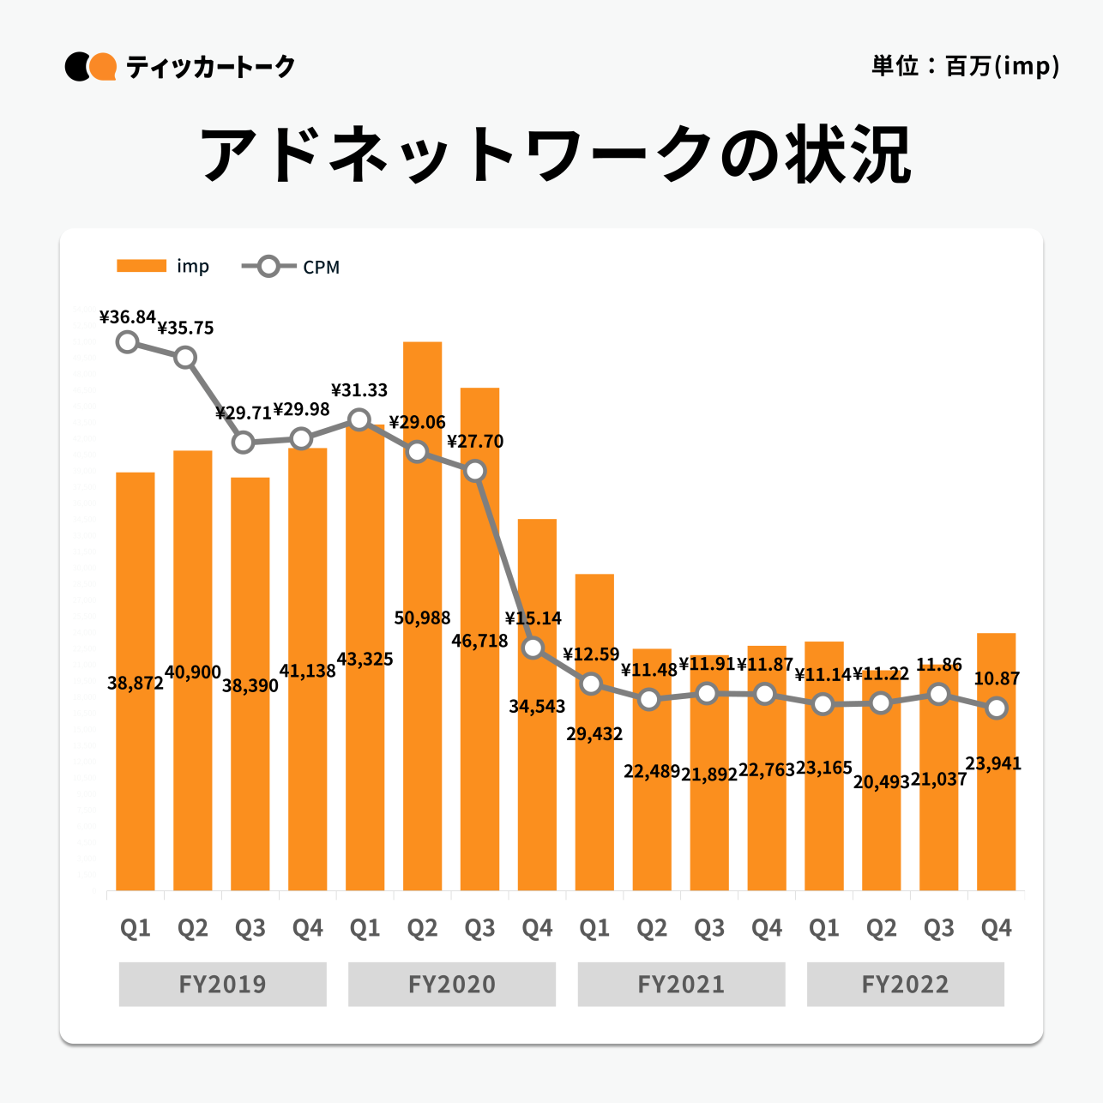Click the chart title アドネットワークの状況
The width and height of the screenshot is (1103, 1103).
coord(555,155)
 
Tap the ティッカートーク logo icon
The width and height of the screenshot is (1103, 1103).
coord(90,67)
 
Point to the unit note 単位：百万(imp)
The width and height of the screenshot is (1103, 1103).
coord(965,66)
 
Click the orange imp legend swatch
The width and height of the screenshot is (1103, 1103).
coord(142,266)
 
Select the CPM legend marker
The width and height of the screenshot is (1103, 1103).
coord(268,267)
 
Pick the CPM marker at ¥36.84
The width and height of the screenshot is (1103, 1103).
coord(128,342)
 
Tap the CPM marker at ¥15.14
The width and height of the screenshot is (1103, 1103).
coord(533,648)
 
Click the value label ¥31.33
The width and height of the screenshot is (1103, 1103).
coord(359,390)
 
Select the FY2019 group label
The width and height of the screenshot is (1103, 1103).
coord(222,984)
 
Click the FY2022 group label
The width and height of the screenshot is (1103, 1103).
coord(905,984)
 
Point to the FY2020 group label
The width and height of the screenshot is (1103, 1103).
coord(451,984)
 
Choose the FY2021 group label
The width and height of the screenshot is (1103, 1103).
coord(681,984)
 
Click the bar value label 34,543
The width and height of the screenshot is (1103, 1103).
coord(537,707)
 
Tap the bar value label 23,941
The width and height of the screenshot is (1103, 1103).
coord(993,763)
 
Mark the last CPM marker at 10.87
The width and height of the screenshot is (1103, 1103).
coord(997,708)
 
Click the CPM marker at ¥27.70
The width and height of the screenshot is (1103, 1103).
coord(475,471)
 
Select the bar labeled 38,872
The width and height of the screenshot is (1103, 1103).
coord(136,772)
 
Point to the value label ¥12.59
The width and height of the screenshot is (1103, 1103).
coord(591,654)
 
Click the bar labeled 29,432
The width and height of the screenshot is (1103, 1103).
coord(594,815)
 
